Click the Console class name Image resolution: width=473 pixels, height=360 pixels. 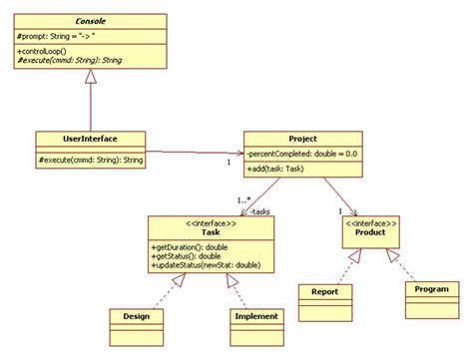[x=91, y=20]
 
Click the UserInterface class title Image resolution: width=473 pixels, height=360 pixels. [x=91, y=139]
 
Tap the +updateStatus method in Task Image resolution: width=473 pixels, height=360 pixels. [x=205, y=265]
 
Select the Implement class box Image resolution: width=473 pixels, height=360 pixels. [x=255, y=316]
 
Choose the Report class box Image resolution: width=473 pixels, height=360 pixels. [x=325, y=292]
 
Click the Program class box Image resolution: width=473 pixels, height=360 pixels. [x=432, y=289]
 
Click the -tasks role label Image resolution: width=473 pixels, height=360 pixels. [x=259, y=211]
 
